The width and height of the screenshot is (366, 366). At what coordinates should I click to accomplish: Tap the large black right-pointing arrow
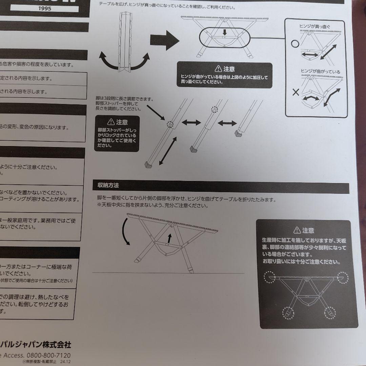(164, 40)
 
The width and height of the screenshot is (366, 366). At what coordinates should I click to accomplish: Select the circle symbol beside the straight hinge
(294, 43)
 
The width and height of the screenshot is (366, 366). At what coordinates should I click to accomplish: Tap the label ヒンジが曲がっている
(320, 72)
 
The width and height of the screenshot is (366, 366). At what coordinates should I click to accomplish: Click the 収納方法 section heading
(108, 185)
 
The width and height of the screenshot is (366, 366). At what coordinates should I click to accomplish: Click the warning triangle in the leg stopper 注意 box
(110, 122)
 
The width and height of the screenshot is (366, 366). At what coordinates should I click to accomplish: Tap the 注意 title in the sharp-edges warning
(308, 230)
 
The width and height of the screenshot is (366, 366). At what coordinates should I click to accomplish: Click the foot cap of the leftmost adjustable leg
(148, 165)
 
